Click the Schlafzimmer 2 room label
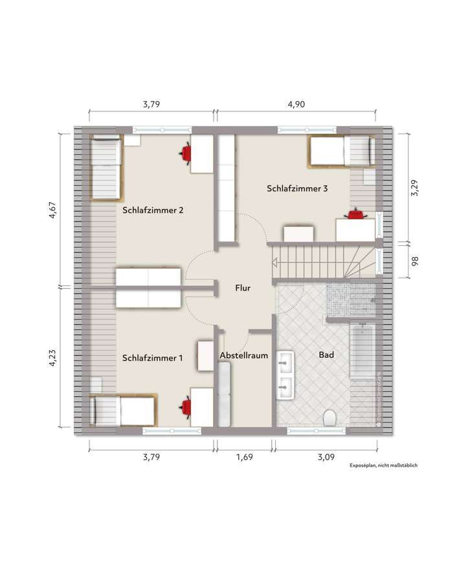click(153, 210)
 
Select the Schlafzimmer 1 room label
click(153, 357)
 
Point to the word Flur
click(243, 289)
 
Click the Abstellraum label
click(244, 355)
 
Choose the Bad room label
click(326, 355)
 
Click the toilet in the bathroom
click(329, 418)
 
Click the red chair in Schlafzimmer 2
click(186, 153)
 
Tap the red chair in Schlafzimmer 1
click(186, 407)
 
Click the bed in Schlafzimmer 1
click(123, 410)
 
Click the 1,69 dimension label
click(244, 456)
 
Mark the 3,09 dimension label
click(326, 456)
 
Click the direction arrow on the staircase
click(275, 263)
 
